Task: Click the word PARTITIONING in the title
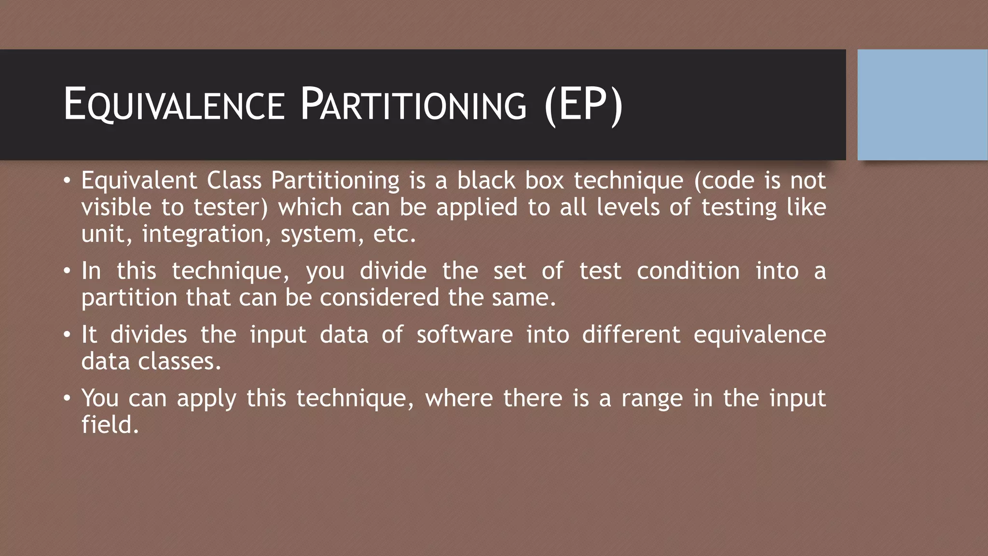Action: pyautogui.click(x=413, y=104)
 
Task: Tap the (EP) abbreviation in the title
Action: pyautogui.click(x=583, y=104)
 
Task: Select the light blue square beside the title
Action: pyautogui.click(x=922, y=104)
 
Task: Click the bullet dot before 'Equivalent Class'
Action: pyautogui.click(x=67, y=181)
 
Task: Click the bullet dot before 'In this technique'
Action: pyautogui.click(x=67, y=271)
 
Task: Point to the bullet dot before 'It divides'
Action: pyautogui.click(x=67, y=335)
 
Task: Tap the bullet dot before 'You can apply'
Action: pyautogui.click(x=67, y=399)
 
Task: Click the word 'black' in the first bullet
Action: pyautogui.click(x=486, y=181)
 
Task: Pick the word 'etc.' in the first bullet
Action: pyautogui.click(x=394, y=235)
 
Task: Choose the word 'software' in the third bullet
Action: pyautogui.click(x=465, y=334)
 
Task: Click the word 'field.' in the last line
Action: pyautogui.click(x=110, y=425)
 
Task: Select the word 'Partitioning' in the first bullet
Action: pyautogui.click(x=335, y=181)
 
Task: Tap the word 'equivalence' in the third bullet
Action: pyautogui.click(x=759, y=335)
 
